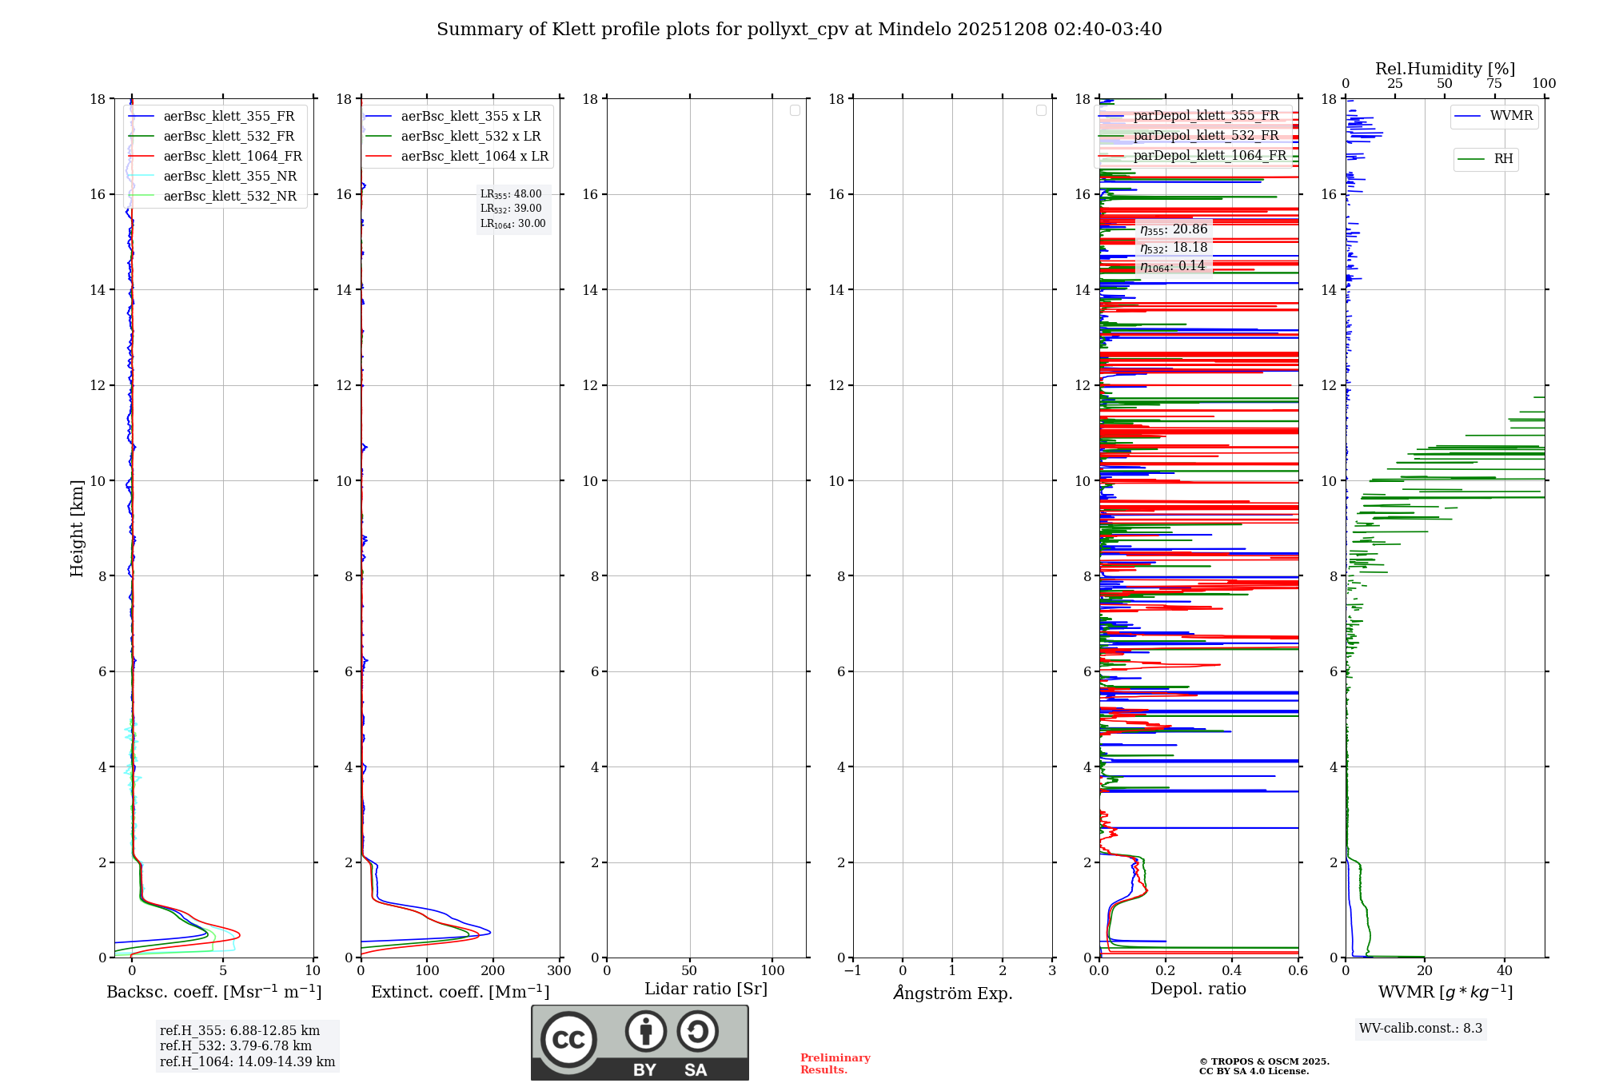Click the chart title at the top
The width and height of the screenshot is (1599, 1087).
799,30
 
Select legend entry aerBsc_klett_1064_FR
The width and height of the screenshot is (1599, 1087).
232,157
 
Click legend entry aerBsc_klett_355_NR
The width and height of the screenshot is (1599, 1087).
229,177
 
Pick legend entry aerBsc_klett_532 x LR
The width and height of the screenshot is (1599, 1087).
470,137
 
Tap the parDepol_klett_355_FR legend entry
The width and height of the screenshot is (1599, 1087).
1206,116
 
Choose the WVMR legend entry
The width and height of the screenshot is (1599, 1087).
1511,116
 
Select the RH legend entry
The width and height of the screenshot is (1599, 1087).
1503,159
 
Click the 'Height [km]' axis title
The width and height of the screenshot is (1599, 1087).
77,528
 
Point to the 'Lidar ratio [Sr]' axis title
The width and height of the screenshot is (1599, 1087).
706,989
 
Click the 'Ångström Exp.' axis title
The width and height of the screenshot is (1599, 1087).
953,993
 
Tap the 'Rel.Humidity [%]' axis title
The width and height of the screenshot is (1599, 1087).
1445,69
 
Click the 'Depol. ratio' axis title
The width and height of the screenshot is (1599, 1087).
1198,989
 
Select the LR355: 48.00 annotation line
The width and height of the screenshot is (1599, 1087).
511,194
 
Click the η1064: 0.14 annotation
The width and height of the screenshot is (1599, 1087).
1173,266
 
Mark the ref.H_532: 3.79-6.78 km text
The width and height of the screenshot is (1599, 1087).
236,1046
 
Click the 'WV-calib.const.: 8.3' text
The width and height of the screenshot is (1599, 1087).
1421,1029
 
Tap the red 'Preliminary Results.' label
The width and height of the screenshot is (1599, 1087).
835,1064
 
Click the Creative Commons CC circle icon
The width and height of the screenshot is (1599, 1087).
568,1040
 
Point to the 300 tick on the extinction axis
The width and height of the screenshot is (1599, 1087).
560,971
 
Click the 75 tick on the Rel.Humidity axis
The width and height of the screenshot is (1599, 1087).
1493,84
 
